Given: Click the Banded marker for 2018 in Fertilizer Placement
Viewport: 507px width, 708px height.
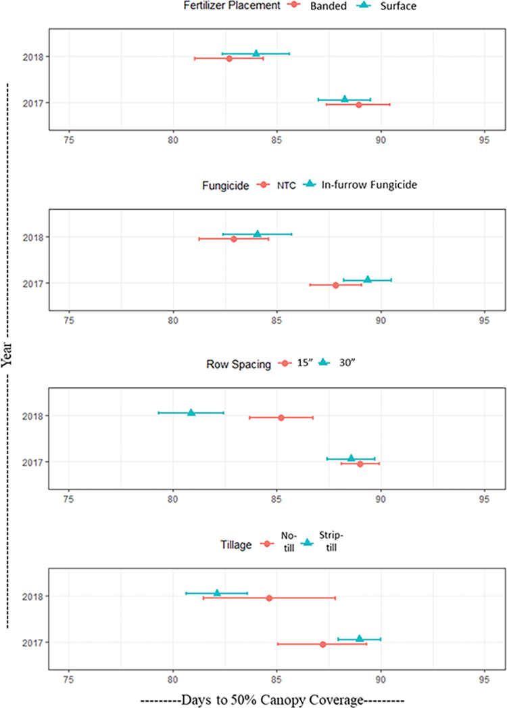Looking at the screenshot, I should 229,59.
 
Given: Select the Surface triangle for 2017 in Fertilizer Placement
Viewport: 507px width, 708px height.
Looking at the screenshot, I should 345,99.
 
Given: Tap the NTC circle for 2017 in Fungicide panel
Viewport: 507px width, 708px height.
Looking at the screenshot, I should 336,285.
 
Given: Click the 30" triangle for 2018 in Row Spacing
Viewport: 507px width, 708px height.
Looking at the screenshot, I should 191,412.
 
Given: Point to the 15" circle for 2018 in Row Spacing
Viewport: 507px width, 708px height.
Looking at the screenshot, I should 281,418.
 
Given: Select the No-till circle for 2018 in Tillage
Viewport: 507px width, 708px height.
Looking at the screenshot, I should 270,598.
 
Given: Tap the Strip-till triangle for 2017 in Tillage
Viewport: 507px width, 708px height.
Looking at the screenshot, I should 360,638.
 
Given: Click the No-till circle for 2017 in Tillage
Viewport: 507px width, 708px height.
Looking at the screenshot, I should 323,644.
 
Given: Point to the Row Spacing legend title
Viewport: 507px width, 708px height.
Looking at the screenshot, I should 239,364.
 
